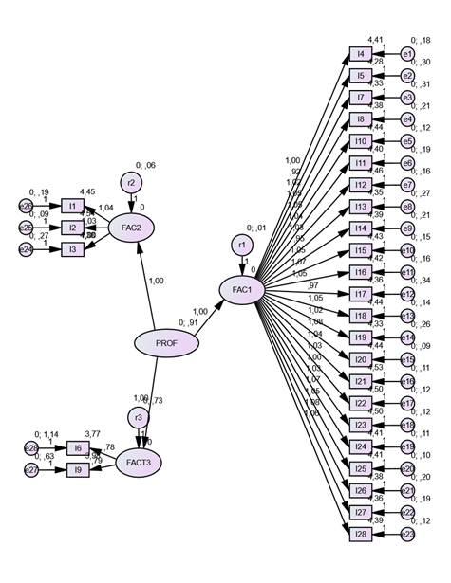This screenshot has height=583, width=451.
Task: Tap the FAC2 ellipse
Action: coord(131,228)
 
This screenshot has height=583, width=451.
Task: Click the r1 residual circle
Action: coord(241,246)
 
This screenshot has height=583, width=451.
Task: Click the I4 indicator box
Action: coord(360,53)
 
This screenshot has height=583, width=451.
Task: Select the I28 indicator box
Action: coord(360,535)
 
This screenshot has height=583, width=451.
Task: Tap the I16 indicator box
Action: coord(360,272)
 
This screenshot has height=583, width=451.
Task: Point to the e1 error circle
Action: coord(406,54)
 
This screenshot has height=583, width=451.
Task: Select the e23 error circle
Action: coord(406,535)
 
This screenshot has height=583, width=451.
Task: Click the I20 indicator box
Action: coord(360,359)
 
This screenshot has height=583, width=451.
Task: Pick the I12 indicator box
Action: coord(360,184)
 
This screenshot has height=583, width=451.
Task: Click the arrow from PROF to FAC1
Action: coord(203,316)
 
